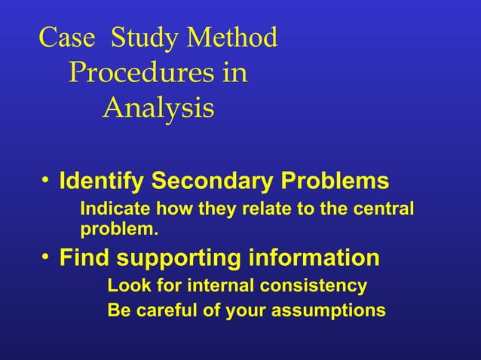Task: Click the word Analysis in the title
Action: click(x=158, y=109)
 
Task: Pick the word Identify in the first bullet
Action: click(x=102, y=182)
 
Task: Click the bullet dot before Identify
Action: click(x=46, y=182)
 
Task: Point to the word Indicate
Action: click(x=112, y=208)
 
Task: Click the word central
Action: click(x=386, y=208)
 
